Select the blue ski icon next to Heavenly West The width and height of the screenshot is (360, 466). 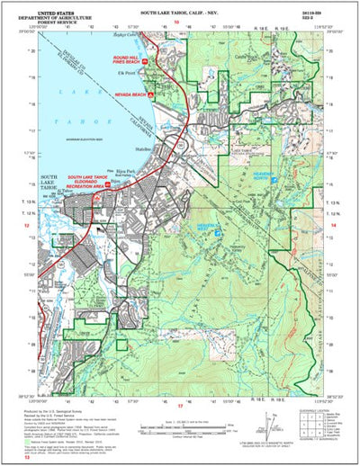pyautogui.click(x=216, y=233)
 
